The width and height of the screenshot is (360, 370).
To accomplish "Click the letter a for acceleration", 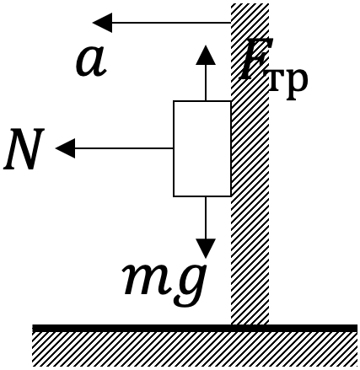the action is tap(91, 62).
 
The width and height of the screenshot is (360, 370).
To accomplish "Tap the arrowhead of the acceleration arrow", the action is tap(102, 23).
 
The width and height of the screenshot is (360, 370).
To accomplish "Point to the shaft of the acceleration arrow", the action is tap(171, 23).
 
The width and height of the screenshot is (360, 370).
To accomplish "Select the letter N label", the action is tap(24, 149).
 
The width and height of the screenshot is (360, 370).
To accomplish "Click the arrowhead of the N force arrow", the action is tap(65, 148).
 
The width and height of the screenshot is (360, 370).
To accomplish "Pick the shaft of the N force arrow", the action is tap(124, 148).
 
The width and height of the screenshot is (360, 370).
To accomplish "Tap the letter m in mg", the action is tap(144, 280).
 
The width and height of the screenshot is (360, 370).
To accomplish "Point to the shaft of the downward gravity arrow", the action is tap(206, 217).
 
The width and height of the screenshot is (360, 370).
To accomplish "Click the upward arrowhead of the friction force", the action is tap(206, 55).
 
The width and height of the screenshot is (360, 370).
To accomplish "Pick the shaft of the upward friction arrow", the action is tap(206, 83).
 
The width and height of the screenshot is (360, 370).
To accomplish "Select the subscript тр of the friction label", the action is tap(287, 83).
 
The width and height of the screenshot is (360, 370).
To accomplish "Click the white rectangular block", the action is tap(202, 148).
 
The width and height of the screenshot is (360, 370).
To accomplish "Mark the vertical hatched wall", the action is tap(250, 164).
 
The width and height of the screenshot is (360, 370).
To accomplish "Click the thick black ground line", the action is tap(195, 328).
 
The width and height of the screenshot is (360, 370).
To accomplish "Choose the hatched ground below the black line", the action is tap(195, 349).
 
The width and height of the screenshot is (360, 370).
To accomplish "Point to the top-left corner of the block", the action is tap(174, 101).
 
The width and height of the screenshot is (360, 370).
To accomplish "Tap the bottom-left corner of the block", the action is tap(174, 196).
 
